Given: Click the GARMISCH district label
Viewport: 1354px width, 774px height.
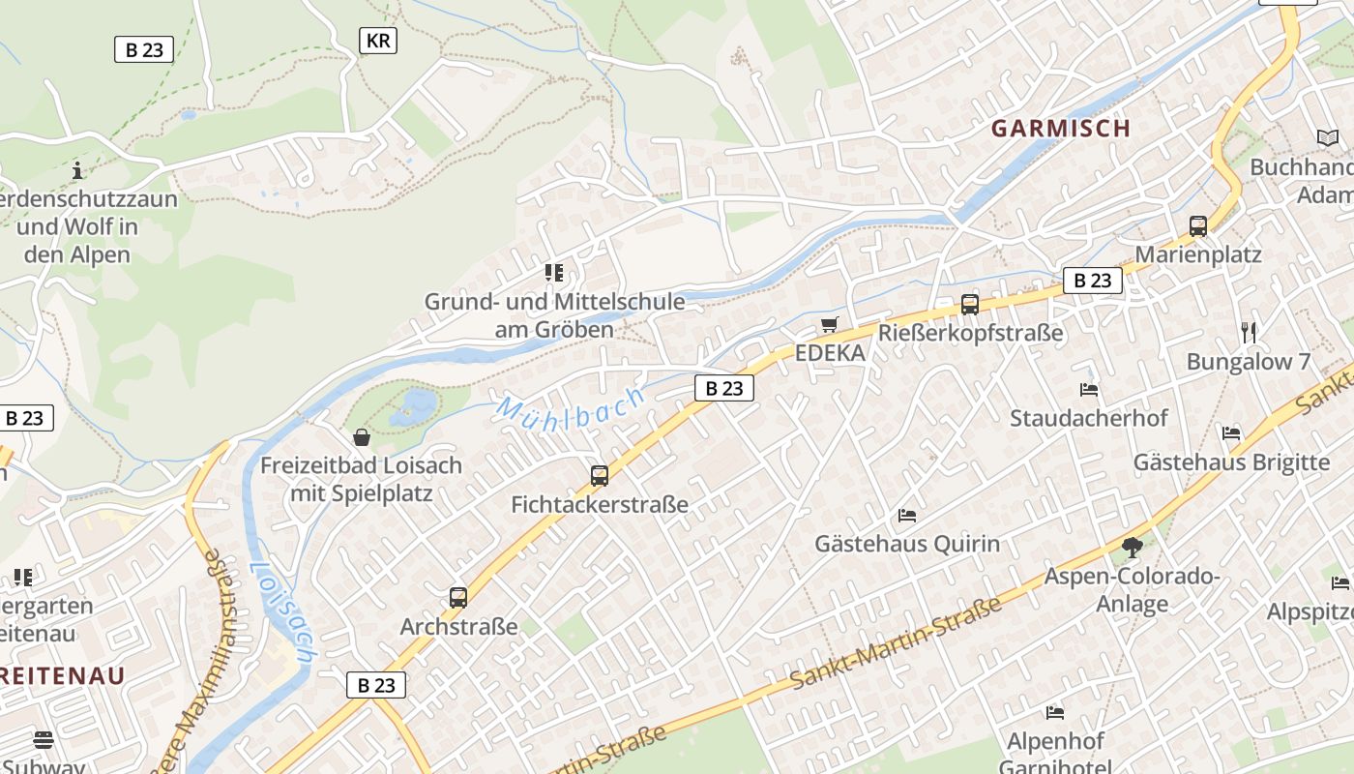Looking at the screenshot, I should pyautogui.click(x=1060, y=128).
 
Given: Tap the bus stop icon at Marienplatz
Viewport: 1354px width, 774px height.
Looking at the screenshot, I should pyautogui.click(x=1198, y=226).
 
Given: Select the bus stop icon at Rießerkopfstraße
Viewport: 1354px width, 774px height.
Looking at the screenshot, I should pyautogui.click(x=970, y=305).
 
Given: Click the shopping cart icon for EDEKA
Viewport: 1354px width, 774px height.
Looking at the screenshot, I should pyautogui.click(x=829, y=324).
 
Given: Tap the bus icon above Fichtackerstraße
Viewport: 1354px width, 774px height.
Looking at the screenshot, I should pyautogui.click(x=600, y=475).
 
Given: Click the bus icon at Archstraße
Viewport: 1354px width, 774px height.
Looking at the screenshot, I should pyautogui.click(x=458, y=598).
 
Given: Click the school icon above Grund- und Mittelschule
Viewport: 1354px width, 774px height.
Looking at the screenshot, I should pyautogui.click(x=554, y=273).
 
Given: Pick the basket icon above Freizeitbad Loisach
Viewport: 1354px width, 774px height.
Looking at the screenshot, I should pyautogui.click(x=362, y=437).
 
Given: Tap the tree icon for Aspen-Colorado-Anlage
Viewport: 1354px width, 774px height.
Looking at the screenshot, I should pyautogui.click(x=1132, y=548).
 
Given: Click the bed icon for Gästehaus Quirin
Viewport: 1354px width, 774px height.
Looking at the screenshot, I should pyautogui.click(x=907, y=515).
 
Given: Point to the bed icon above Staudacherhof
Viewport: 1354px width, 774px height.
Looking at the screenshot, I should pyautogui.click(x=1089, y=390).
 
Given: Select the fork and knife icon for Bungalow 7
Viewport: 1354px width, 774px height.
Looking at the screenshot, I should pyautogui.click(x=1249, y=333).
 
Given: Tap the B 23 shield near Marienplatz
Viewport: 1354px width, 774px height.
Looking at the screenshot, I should pyautogui.click(x=1093, y=281).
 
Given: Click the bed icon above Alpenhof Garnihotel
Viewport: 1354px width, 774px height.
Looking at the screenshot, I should pyautogui.click(x=1055, y=713).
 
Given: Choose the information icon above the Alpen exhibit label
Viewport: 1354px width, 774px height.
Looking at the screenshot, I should pyautogui.click(x=77, y=171).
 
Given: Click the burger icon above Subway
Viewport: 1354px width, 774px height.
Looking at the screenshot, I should pyautogui.click(x=44, y=740).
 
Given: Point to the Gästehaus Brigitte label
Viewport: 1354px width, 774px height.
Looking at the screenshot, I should pyautogui.click(x=1231, y=461).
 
